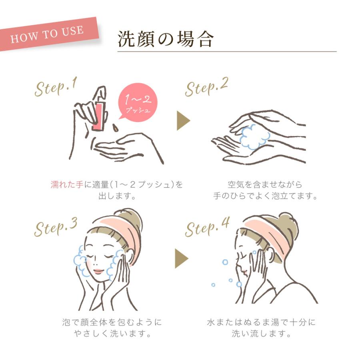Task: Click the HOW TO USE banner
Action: point(49,34)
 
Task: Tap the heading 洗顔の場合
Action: point(166,39)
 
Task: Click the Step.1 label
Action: point(56,87)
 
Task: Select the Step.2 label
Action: point(206,87)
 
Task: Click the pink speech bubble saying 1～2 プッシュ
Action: point(137,102)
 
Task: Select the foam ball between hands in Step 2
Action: point(254,137)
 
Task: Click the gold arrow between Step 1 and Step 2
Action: point(183,120)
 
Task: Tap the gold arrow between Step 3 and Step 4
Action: point(181,258)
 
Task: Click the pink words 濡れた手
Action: point(67,184)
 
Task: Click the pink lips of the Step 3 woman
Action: point(99,271)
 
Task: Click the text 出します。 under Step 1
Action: point(117,196)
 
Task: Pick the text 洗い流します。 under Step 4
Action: point(261,333)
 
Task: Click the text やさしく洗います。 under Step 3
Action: point(112,333)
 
